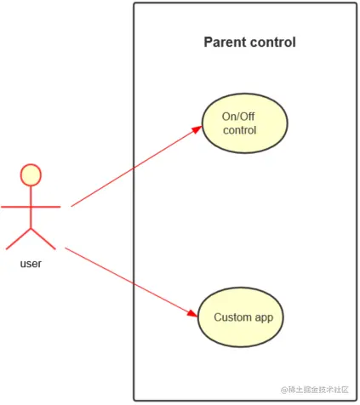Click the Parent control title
(249, 43)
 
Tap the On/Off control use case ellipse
(244, 123)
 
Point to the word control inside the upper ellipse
(240, 130)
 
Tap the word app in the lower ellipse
(265, 318)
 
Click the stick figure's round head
(31, 174)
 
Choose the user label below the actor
(31, 264)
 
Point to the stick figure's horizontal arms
(31, 206)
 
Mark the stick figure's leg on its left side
(19, 239)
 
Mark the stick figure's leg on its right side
(43, 239)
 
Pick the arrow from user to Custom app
(128, 281)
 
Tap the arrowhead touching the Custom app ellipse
(193, 315)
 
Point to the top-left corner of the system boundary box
(134, 4)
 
